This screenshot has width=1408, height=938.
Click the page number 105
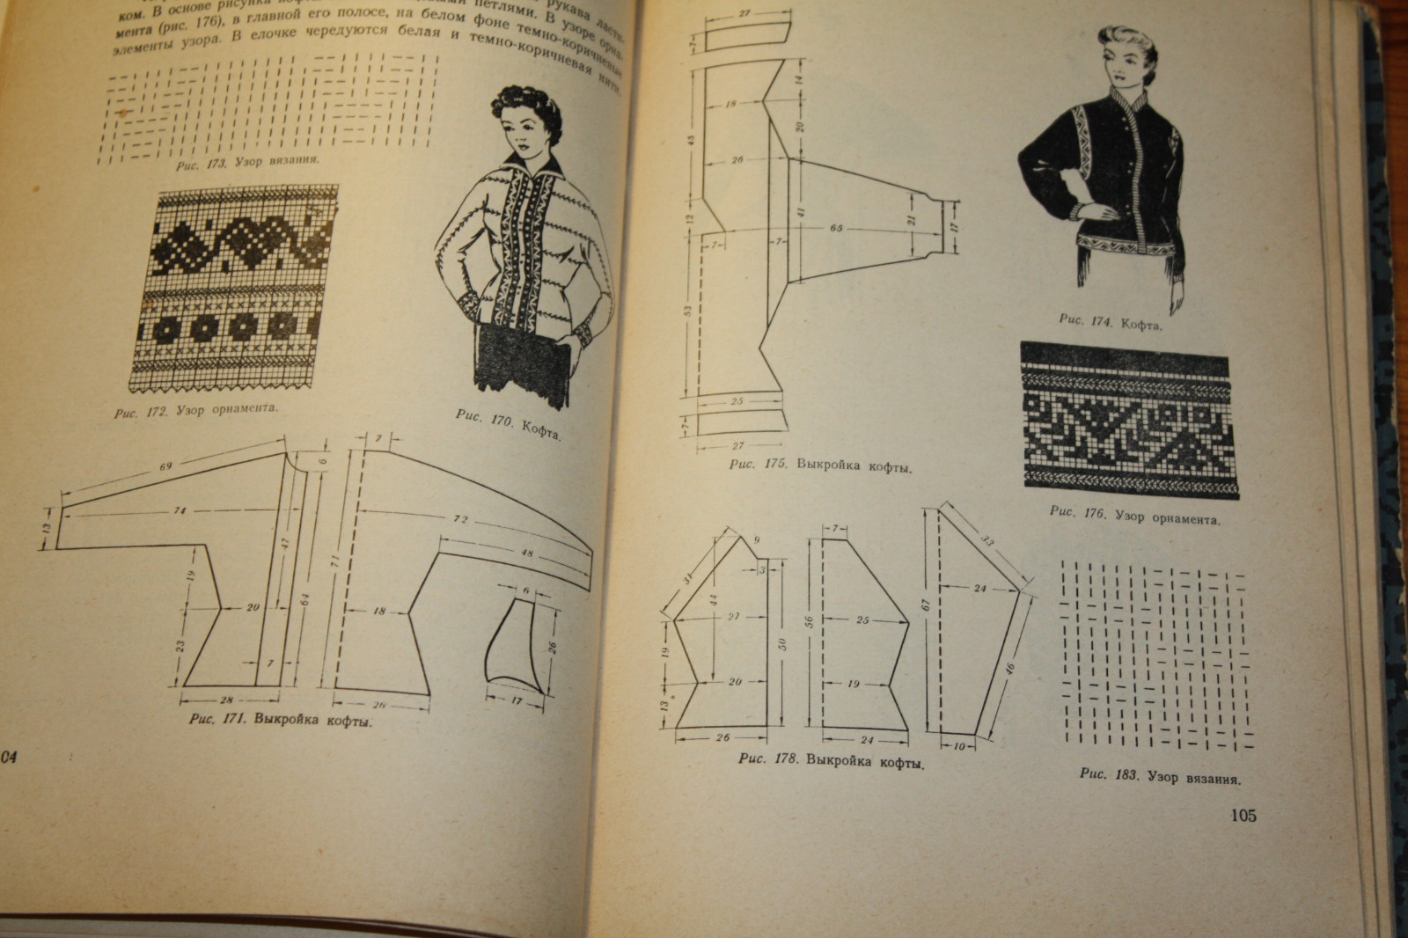(x=1239, y=816)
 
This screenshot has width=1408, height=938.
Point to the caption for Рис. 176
(x=1135, y=515)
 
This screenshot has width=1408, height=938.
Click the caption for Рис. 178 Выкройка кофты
(x=832, y=759)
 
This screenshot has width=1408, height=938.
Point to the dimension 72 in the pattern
(x=458, y=519)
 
